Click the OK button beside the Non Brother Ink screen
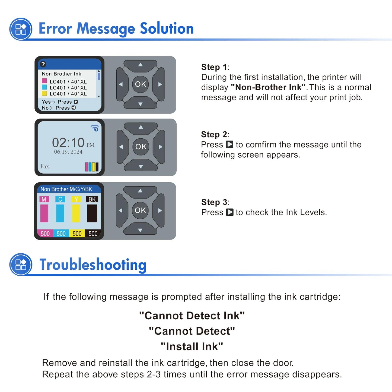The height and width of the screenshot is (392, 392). click(x=140, y=84)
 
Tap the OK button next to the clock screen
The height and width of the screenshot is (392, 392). click(x=141, y=147)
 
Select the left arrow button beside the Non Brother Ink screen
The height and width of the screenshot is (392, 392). click(x=122, y=84)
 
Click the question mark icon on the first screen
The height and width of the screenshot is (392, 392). click(x=43, y=64)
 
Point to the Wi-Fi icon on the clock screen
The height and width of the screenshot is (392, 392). click(x=95, y=128)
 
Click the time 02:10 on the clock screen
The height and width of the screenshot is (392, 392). click(x=68, y=142)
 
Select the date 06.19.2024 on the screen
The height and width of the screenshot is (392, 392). click(x=68, y=152)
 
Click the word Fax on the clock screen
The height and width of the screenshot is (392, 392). click(x=45, y=166)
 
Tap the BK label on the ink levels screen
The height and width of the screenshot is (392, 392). click(x=92, y=199)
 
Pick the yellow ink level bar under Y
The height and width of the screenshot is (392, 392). click(x=76, y=213)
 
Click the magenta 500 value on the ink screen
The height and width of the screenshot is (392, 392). click(x=45, y=234)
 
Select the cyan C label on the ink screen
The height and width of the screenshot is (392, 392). click(x=60, y=199)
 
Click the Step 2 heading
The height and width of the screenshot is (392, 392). click(x=215, y=135)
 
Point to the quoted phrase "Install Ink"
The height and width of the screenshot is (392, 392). click(x=192, y=346)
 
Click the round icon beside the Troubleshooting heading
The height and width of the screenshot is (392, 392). click(x=21, y=264)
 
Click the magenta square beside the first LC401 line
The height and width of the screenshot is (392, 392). click(x=44, y=81)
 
